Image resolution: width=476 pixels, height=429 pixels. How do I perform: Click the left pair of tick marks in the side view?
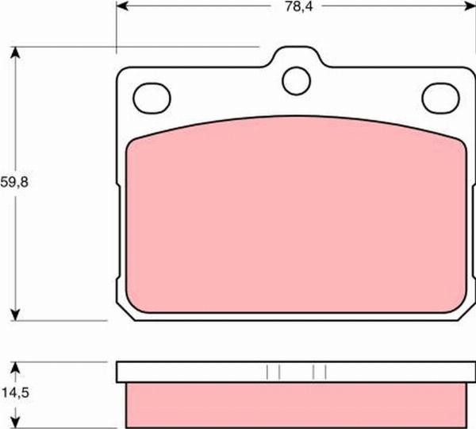point(273,372)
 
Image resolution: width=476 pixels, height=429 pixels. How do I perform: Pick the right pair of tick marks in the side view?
point(320,372)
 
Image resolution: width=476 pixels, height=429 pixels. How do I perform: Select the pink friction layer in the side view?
point(294,404)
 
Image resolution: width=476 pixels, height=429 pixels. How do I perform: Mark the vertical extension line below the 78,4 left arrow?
point(117,32)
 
